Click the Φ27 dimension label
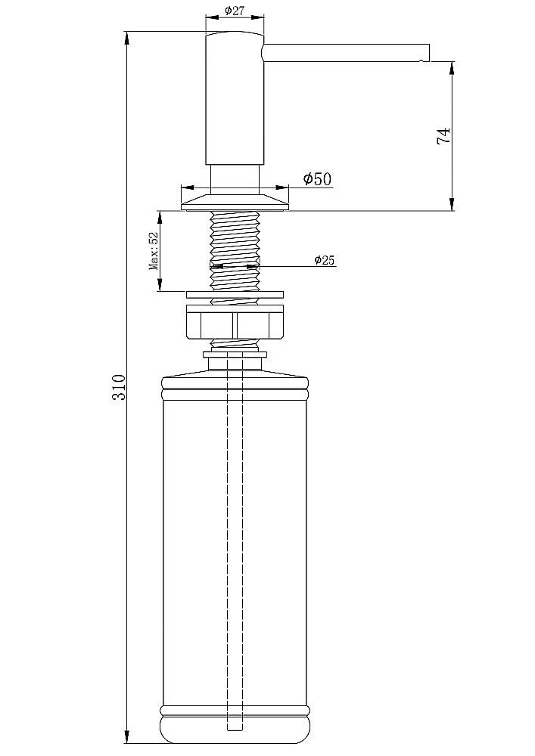(x=235, y=11)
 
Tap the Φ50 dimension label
(x=317, y=179)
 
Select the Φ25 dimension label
(x=324, y=260)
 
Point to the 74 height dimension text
(x=443, y=135)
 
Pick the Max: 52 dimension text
(x=154, y=252)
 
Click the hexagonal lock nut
(x=235, y=322)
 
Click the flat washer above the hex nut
(x=235, y=295)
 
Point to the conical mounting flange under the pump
(x=235, y=202)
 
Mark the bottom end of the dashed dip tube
(x=235, y=728)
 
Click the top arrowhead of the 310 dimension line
(x=127, y=39)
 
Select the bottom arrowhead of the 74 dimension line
(x=452, y=204)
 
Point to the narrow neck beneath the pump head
(x=235, y=180)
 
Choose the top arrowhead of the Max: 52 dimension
(x=160, y=218)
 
